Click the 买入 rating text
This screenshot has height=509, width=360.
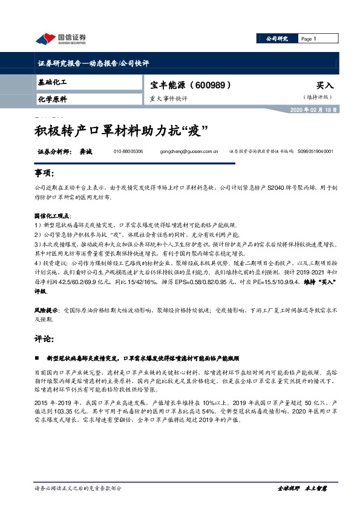click(x=324, y=86)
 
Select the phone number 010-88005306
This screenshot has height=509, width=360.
click(x=129, y=152)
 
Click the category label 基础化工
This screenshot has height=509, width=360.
click(x=52, y=82)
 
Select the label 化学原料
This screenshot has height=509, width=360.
click(x=52, y=99)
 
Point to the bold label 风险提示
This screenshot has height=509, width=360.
click(x=46, y=308)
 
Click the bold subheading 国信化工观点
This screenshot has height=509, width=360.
click(x=53, y=215)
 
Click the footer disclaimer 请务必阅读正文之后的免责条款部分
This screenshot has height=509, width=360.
click(x=79, y=487)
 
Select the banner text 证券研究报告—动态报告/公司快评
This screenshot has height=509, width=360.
click(x=93, y=63)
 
